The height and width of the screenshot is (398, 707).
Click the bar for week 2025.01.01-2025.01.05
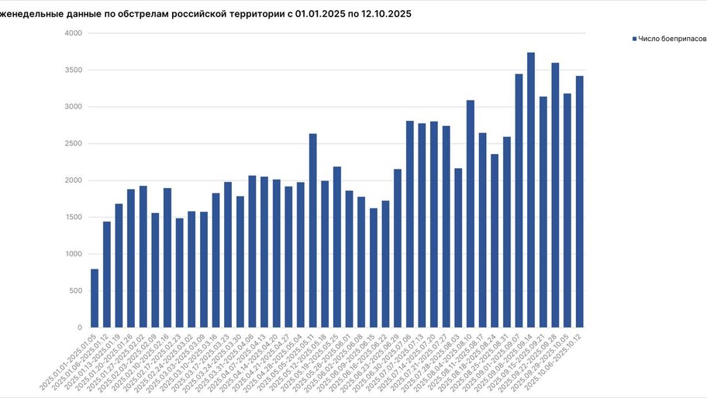pyautogui.click(x=95, y=298)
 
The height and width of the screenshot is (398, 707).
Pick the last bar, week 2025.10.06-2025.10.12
pyautogui.click(x=579, y=201)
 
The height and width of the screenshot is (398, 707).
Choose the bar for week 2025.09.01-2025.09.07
pyautogui.click(x=519, y=201)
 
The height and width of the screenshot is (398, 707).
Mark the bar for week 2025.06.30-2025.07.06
pyautogui.click(x=409, y=224)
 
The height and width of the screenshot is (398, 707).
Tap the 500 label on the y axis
pyautogui.click(x=74, y=291)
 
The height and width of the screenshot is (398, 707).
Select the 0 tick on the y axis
pyautogui.click(x=79, y=328)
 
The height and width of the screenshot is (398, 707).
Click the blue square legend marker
pyautogui.click(x=634, y=38)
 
